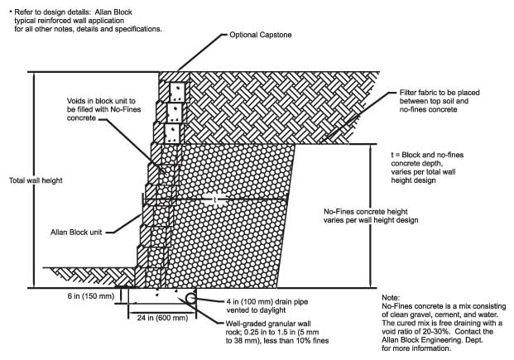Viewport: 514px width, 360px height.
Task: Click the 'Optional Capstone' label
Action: coord(260,35)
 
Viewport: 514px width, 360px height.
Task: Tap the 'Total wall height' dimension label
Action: coord(36,180)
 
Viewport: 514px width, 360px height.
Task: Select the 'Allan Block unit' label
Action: coord(76,232)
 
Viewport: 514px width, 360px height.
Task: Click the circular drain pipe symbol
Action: coord(191,298)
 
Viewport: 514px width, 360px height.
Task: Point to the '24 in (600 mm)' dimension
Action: coord(162,318)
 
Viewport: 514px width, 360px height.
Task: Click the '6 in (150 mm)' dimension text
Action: coord(91,295)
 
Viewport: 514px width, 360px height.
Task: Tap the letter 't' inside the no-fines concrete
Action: coord(214,199)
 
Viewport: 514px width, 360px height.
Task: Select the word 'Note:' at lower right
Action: coord(391,298)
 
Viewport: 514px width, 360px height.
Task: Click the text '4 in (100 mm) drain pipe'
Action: coord(267,301)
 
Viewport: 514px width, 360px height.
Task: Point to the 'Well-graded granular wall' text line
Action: coord(268,324)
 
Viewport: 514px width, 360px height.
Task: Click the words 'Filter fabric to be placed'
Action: coord(440,93)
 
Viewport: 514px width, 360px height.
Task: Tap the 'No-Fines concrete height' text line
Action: coord(366,212)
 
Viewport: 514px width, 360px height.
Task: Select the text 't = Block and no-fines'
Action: coord(427,155)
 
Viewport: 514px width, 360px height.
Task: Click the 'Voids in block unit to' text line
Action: coord(101,101)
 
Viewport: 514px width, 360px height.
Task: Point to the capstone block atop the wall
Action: coord(174,76)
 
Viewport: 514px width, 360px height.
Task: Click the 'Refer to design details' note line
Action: coord(73,12)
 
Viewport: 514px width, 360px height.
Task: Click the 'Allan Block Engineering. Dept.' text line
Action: coord(432,339)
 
